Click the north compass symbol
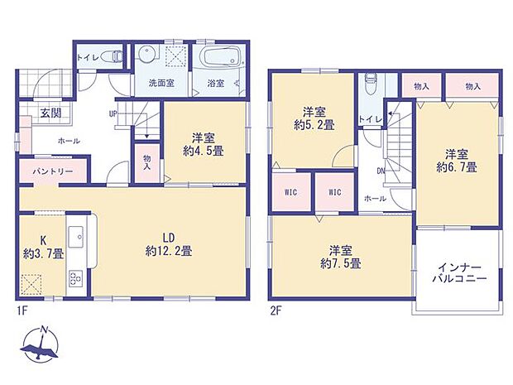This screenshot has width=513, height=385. pos(41,344)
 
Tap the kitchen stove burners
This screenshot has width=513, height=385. pos(76,278)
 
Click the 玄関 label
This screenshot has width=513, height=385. pos(51,113)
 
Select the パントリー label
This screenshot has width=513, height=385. pos(53,171)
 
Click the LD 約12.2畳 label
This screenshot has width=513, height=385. pos(169,244)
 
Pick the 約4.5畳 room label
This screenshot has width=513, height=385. pos(204,144)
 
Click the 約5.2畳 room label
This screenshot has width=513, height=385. pos(314,118)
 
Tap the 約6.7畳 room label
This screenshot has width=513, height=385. pos(457,161)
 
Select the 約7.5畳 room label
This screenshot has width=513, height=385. pos(341,257)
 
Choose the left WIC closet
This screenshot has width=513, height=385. pos(291,192)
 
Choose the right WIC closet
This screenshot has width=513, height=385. pos(335,192)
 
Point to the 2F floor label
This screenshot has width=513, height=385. pos(276,310)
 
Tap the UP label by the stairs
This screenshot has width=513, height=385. pos(113,114)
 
